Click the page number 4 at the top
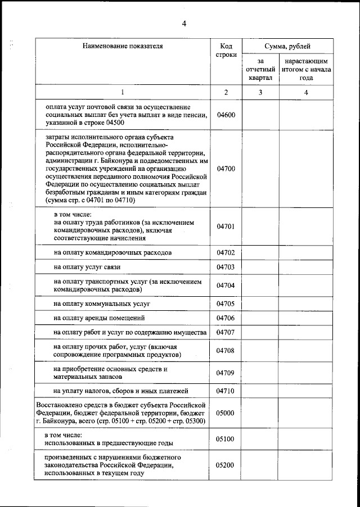click(183, 23)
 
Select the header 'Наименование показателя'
click(122, 46)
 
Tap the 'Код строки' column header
click(226, 51)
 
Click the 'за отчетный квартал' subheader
click(260, 69)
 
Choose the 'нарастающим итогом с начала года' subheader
click(306, 69)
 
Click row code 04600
click(226, 115)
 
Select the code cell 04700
click(226, 168)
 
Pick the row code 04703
click(226, 266)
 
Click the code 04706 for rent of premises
click(226, 318)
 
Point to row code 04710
click(226, 391)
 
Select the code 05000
click(226, 413)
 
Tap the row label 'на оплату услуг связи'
click(87, 266)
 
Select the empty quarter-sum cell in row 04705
click(260, 304)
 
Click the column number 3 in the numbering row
click(260, 92)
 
